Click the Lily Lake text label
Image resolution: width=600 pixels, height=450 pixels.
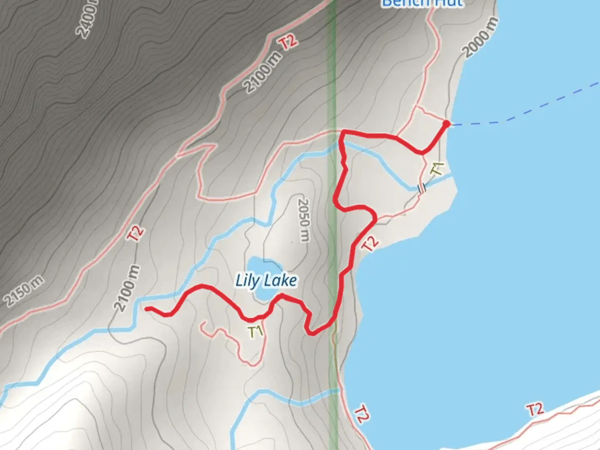[266, 281]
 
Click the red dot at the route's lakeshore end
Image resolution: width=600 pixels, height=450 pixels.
[446, 124]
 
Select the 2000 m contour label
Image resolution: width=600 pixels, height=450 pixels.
[481, 37]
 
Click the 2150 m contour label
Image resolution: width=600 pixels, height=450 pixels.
[23, 290]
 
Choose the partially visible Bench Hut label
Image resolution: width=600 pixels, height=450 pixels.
[422, 3]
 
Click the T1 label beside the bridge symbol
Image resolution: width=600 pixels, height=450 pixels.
[437, 169]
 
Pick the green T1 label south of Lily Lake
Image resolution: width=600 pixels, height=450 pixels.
[256, 332]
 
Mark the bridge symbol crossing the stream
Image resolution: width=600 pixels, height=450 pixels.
[422, 188]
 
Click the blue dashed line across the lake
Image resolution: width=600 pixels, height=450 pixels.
[525, 112]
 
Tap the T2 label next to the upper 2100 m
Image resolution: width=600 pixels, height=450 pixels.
[288, 42]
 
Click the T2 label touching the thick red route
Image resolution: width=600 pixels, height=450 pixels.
[370, 244]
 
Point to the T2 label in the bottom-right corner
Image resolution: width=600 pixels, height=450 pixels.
[535, 410]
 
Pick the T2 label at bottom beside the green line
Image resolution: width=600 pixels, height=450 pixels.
[361, 414]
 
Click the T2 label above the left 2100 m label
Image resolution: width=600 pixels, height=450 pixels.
[136, 233]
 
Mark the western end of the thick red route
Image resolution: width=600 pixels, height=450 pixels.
[147, 309]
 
